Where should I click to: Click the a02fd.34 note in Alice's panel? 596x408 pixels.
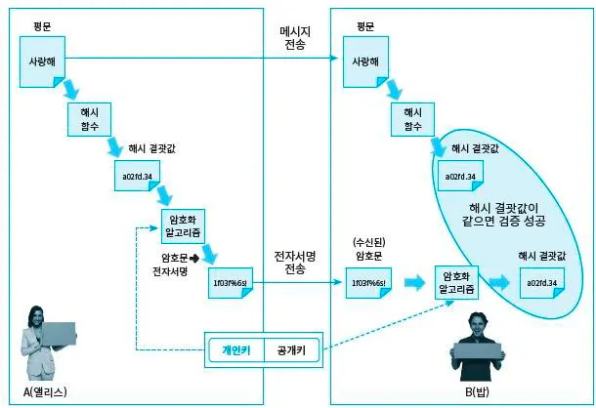pos(137,179)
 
